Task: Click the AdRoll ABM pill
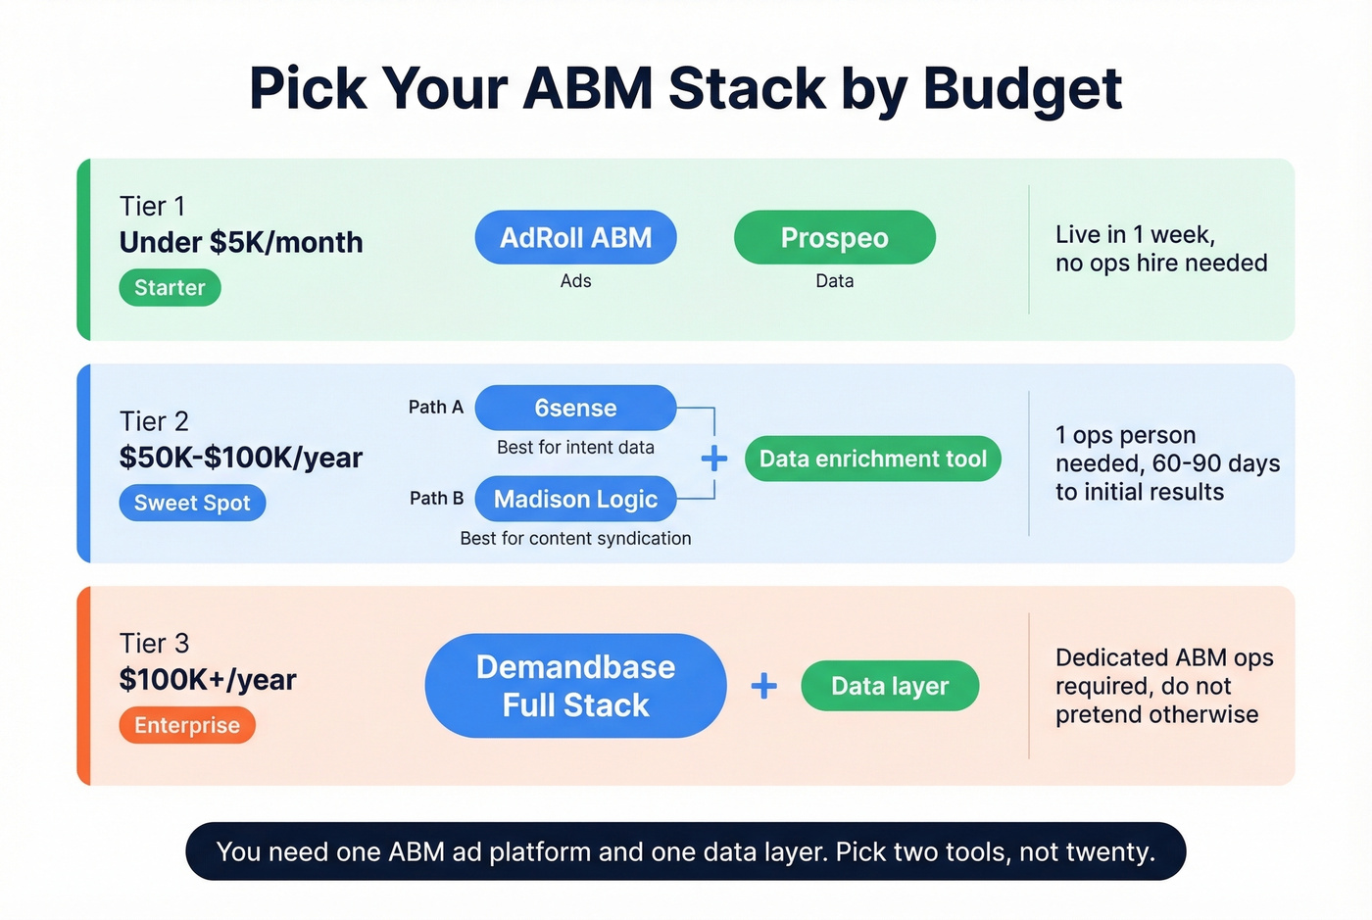point(575,238)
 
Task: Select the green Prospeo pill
point(834,238)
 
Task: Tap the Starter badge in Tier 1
point(170,288)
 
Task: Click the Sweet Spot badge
point(192,504)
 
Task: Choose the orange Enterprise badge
point(186,726)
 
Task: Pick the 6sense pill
point(575,409)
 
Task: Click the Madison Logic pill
point(575,500)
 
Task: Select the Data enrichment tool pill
point(872,460)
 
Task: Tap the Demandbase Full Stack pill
point(575,686)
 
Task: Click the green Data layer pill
point(889,686)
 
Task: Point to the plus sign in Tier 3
point(764,686)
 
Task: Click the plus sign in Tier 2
point(714,459)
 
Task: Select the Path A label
point(435,408)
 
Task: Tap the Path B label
point(436,499)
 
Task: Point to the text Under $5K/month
point(241,243)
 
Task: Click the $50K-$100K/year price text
point(241,458)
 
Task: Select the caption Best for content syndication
point(575,539)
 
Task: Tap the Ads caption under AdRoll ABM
point(575,281)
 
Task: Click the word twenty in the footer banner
point(1109,852)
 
